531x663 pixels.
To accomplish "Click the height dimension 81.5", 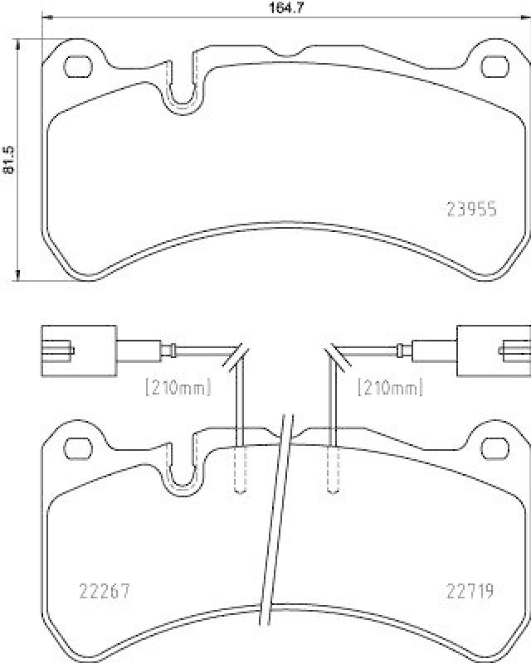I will point(10,159).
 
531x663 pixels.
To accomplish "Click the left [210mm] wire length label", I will point(178,386).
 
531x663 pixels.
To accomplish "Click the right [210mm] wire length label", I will point(390,386).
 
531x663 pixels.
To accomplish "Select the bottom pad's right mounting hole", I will point(495,448).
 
